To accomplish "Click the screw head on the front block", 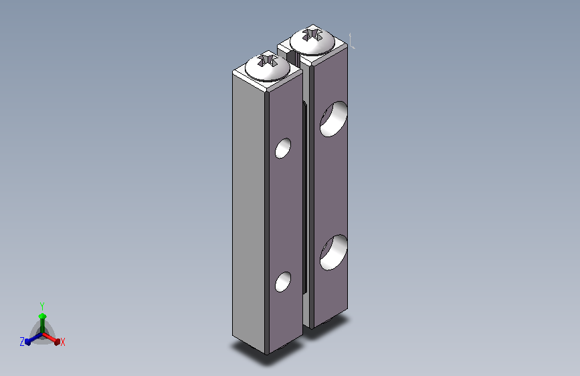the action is (x=267, y=68).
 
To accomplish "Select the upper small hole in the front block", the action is (x=283, y=149).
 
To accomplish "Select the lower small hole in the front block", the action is (x=283, y=282).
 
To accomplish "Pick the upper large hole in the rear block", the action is (x=333, y=119).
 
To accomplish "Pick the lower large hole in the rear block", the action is (x=333, y=252).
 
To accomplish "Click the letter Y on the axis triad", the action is (x=42, y=306).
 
